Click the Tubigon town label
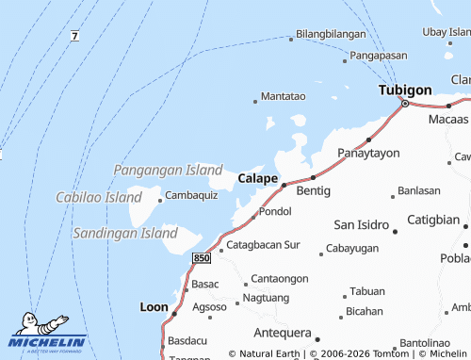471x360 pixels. point(405,90)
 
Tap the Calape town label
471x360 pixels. point(257,177)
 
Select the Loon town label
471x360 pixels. point(154,306)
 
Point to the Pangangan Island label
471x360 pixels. point(168,170)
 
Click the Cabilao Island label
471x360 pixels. point(98,198)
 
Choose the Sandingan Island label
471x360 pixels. point(124,232)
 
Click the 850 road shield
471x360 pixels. point(201,257)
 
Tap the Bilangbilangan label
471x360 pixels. point(331,34)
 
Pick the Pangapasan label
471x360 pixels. point(384,56)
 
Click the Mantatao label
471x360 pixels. point(283,96)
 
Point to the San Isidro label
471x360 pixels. point(362,224)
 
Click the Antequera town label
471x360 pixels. point(282,333)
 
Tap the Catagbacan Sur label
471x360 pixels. point(263,244)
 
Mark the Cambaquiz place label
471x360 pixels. point(191,195)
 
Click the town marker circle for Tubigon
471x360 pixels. point(405,104)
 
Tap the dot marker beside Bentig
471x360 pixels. point(313,176)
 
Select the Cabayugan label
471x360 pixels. point(351,248)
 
